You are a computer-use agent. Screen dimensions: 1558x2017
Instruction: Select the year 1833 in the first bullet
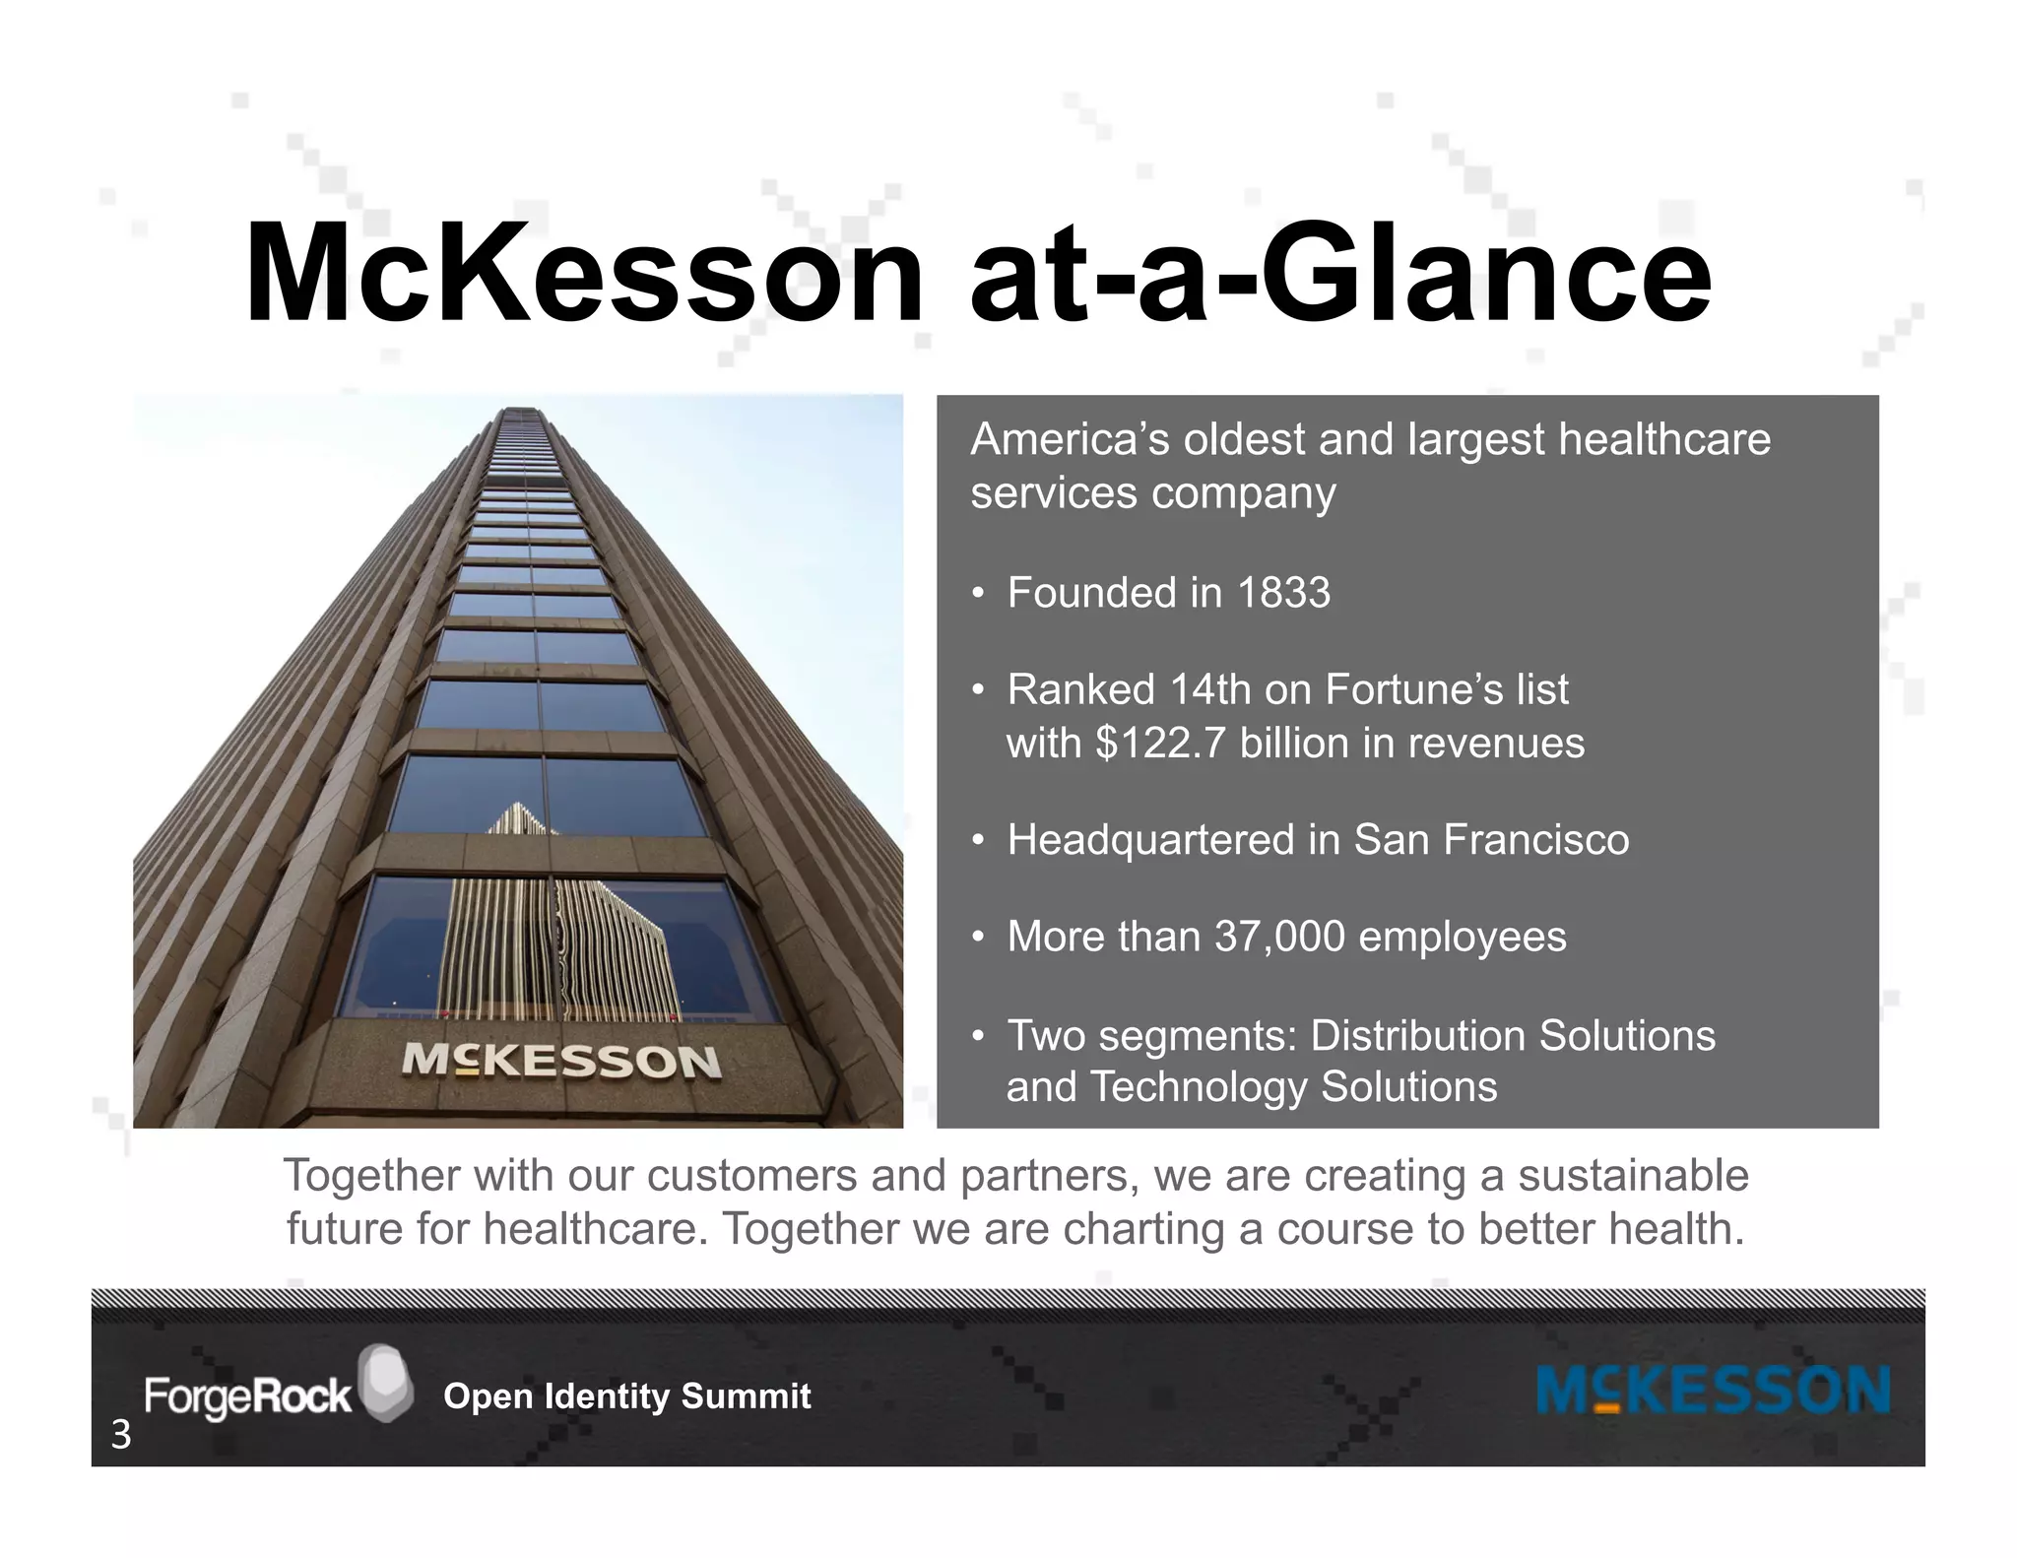click(1283, 593)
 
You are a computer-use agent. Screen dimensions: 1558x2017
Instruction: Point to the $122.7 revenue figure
click(1161, 743)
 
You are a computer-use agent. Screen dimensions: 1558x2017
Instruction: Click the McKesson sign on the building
click(561, 1061)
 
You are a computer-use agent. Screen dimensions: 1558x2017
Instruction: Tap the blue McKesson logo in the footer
click(1713, 1391)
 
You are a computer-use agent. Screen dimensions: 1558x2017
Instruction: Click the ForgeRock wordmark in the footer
click(247, 1396)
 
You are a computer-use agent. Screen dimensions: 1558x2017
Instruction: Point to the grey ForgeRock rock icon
click(385, 1382)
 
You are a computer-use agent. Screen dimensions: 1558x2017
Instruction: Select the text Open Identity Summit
click(627, 1396)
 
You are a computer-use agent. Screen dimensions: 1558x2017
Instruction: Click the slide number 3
click(120, 1436)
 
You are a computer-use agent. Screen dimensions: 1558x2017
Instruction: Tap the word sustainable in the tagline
click(1633, 1176)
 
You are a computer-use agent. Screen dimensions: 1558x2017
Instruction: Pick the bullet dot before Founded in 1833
click(977, 593)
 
